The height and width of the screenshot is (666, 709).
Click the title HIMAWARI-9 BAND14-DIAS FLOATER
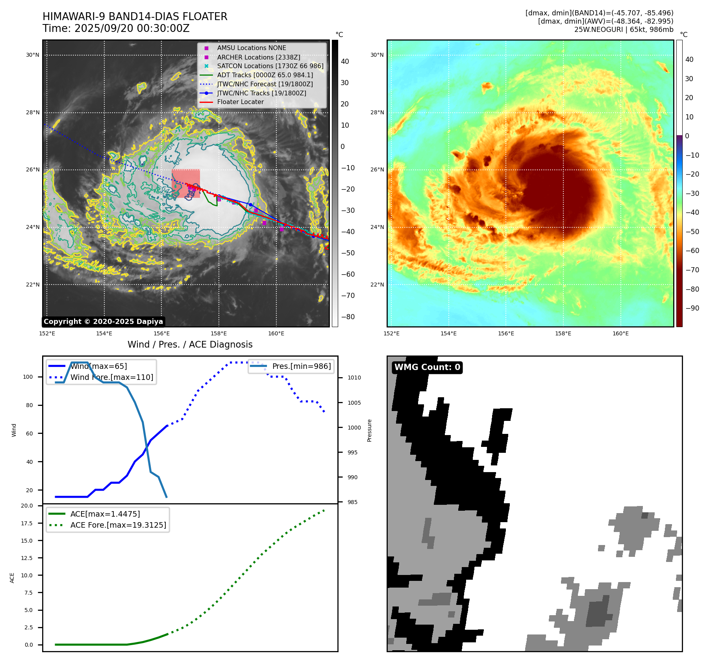[x=135, y=17]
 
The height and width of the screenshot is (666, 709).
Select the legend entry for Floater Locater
[x=240, y=102]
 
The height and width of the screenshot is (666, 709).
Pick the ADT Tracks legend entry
[x=265, y=75]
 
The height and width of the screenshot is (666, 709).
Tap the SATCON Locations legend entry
[x=270, y=66]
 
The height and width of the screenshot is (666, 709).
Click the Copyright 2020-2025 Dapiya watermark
[x=103, y=322]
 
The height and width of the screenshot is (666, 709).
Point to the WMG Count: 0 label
[x=427, y=367]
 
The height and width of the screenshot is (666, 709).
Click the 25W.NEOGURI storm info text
[x=624, y=30]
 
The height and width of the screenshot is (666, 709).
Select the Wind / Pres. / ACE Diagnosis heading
[x=190, y=344]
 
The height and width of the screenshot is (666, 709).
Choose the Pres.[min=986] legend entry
[x=301, y=366]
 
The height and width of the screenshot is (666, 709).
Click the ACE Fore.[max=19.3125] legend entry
[x=118, y=525]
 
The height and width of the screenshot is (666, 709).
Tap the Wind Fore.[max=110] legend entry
[x=111, y=377]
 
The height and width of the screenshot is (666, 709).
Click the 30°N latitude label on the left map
[x=33, y=55]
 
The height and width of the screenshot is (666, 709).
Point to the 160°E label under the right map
[x=620, y=333]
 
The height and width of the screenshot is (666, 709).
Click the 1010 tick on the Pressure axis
[x=354, y=378]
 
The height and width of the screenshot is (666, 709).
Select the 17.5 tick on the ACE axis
[x=27, y=523]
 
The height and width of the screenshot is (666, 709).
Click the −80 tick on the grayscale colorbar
[x=348, y=317]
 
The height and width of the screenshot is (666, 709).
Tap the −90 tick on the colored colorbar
[x=692, y=308]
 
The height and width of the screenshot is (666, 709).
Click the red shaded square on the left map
[x=186, y=184]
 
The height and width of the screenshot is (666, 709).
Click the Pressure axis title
[x=369, y=430]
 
